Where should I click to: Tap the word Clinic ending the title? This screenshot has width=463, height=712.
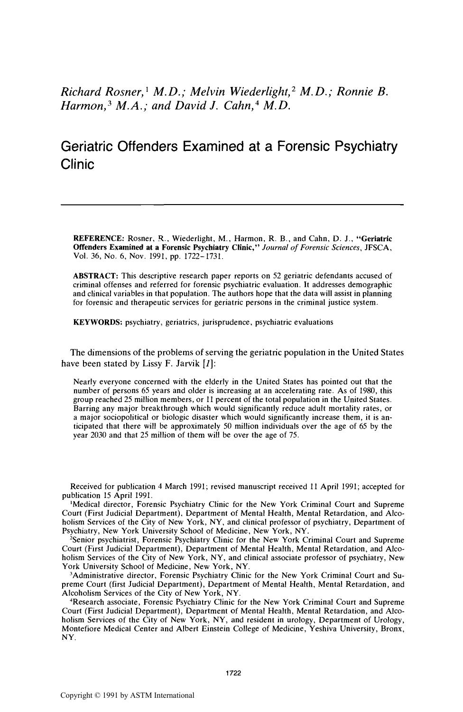coord(78,165)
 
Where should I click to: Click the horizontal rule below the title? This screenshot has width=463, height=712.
coord(232,204)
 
